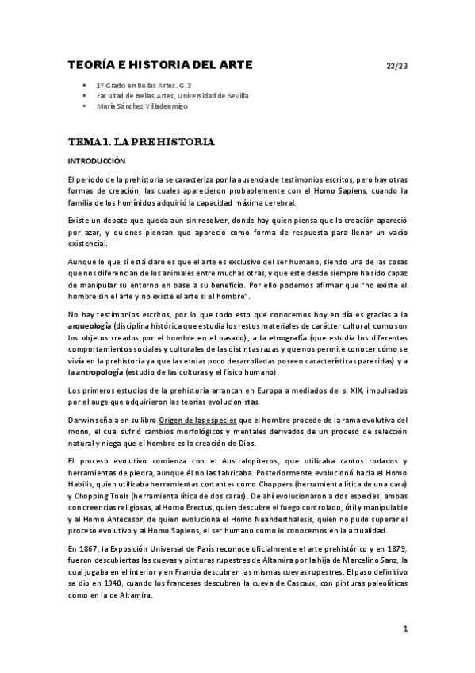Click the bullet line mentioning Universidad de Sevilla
click(x=171, y=95)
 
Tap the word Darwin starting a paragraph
click(x=82, y=418)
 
